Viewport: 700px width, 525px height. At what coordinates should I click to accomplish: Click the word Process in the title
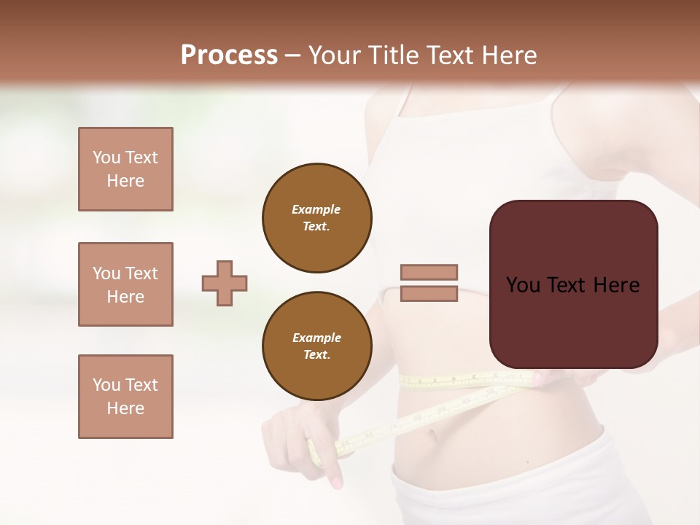[229, 55]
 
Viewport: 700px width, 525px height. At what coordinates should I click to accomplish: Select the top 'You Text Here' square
[125, 169]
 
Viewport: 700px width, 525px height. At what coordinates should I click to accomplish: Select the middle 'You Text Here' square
[125, 284]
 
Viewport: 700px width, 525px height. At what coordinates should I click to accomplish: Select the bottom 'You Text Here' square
[125, 397]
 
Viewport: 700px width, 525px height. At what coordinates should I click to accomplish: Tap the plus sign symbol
[225, 283]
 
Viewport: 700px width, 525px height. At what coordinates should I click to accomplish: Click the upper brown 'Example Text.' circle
[317, 217]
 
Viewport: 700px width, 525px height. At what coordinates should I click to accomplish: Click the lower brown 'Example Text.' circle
[317, 346]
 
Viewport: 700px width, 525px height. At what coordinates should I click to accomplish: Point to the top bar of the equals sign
[429, 272]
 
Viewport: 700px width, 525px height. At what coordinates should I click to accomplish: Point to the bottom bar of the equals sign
[429, 293]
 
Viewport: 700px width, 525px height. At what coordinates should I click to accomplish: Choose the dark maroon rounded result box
[573, 321]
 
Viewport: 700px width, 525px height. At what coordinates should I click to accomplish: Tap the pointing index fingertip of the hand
[336, 482]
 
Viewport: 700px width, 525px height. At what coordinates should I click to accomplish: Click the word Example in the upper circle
[316, 209]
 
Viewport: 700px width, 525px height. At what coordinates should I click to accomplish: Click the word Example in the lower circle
[316, 338]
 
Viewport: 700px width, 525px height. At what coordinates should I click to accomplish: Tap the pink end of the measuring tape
[537, 378]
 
